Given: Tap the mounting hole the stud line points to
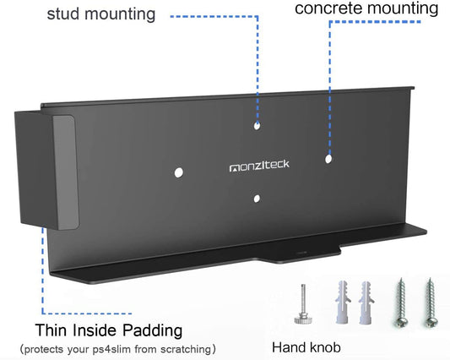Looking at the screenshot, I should tap(258, 127).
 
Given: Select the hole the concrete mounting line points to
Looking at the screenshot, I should tap(329, 158).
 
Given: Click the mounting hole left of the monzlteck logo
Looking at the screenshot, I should tap(179, 172).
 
